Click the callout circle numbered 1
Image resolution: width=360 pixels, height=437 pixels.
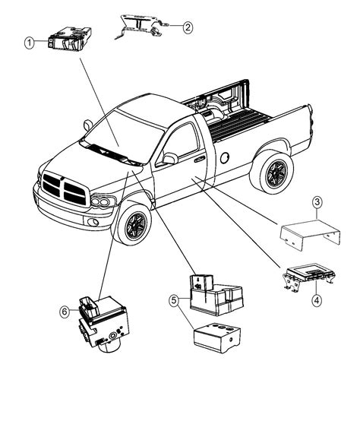click(x=30, y=43)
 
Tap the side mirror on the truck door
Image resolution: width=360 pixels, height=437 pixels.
click(x=168, y=158)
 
